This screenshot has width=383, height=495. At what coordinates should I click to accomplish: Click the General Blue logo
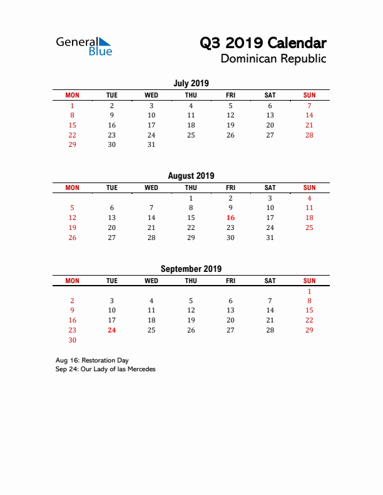[84, 46]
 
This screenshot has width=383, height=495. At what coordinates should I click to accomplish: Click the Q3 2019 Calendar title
[263, 43]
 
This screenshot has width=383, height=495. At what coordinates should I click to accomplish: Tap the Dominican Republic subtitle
[273, 59]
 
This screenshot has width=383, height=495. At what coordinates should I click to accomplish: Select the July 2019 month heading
[191, 83]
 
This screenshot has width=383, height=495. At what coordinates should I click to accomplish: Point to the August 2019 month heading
[191, 176]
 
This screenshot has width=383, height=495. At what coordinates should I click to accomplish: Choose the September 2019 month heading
[191, 269]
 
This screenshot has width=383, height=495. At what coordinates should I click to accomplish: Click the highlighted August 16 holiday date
[230, 217]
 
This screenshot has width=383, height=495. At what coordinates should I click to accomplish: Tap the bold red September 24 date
[111, 330]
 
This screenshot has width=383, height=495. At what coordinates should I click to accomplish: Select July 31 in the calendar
[151, 145]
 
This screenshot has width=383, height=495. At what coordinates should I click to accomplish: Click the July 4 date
[191, 106]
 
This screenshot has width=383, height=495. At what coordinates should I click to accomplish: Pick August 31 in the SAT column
[270, 237]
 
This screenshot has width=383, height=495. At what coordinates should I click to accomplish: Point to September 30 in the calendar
[72, 340]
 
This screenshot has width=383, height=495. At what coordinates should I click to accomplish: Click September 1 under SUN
[309, 291]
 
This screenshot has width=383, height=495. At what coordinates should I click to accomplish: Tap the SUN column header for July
[309, 95]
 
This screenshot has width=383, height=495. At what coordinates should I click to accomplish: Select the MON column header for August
[72, 187]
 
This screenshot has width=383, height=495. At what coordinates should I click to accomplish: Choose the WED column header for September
[151, 281]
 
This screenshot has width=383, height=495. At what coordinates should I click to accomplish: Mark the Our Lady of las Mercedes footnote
[105, 369]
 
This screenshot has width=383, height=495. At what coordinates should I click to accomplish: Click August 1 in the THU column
[191, 198]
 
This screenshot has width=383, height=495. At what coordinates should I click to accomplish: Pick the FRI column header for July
[230, 95]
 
